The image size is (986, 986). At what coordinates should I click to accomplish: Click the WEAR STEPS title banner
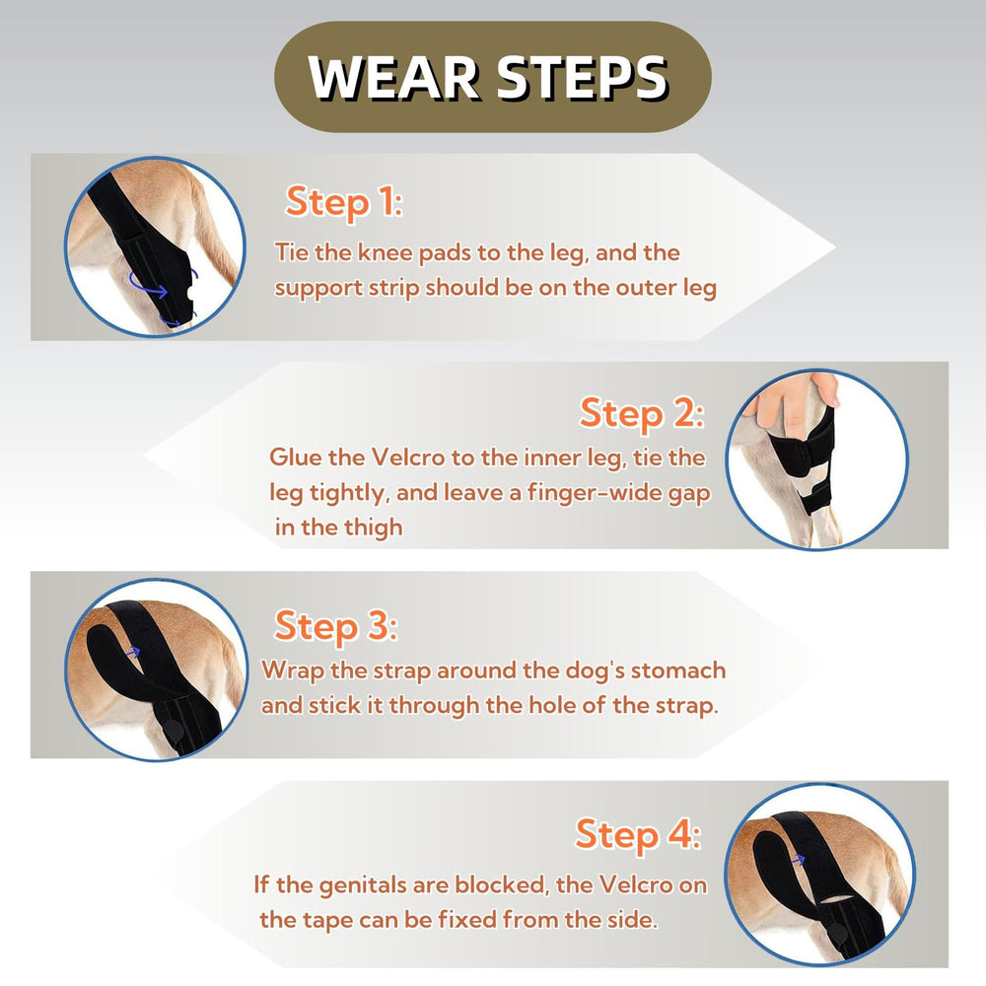coord(492,77)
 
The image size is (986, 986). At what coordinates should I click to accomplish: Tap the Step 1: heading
coord(343,202)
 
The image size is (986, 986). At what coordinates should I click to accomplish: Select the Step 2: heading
coord(642,413)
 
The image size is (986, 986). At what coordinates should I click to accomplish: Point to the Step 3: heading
coord(336,626)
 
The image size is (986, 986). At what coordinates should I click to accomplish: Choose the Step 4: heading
coord(638,835)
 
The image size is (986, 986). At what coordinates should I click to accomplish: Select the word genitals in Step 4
coord(362,886)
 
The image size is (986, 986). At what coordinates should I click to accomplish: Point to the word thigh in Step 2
coord(372,527)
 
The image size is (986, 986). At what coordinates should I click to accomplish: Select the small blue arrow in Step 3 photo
coord(133,652)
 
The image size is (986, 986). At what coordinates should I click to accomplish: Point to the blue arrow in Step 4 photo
coord(798,859)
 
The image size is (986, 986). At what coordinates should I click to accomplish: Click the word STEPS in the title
coord(583,77)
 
